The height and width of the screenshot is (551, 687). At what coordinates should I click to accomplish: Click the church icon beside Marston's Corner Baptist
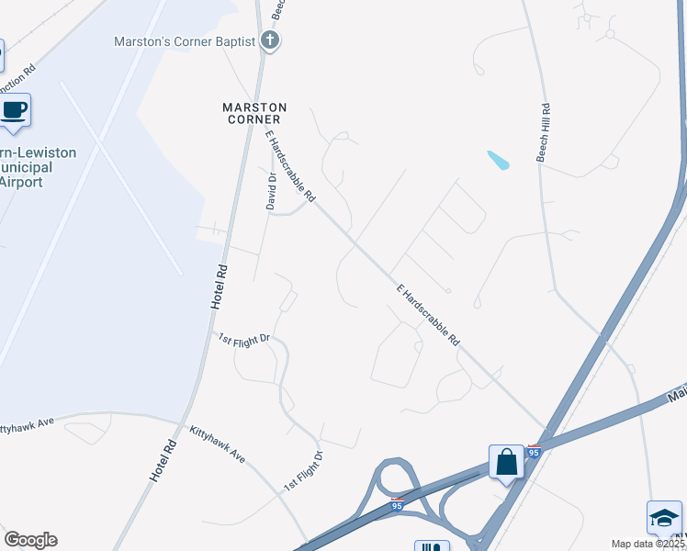[x=270, y=40]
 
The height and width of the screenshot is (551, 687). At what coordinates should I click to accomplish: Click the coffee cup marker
[x=14, y=111]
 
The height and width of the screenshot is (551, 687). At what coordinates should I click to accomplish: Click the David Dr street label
[x=272, y=191]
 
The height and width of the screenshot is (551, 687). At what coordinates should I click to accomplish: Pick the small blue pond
[x=498, y=160]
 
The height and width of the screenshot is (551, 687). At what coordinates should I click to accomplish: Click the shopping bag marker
[x=506, y=462]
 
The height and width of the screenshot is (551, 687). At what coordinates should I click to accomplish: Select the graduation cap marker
[x=663, y=519]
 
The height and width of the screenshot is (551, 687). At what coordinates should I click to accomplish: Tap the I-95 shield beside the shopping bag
[x=535, y=452]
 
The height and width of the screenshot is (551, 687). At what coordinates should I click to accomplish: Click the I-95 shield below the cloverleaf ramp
[x=397, y=505]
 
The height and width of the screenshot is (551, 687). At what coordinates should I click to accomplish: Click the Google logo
[x=30, y=540]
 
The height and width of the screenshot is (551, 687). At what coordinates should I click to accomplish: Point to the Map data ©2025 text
[x=648, y=544]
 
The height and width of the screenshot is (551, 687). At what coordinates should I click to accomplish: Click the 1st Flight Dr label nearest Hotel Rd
[x=243, y=338]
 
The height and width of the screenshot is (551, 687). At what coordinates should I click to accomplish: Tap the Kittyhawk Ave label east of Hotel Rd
[x=218, y=443]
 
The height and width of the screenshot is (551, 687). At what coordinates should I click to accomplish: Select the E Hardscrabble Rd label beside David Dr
[x=290, y=166]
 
